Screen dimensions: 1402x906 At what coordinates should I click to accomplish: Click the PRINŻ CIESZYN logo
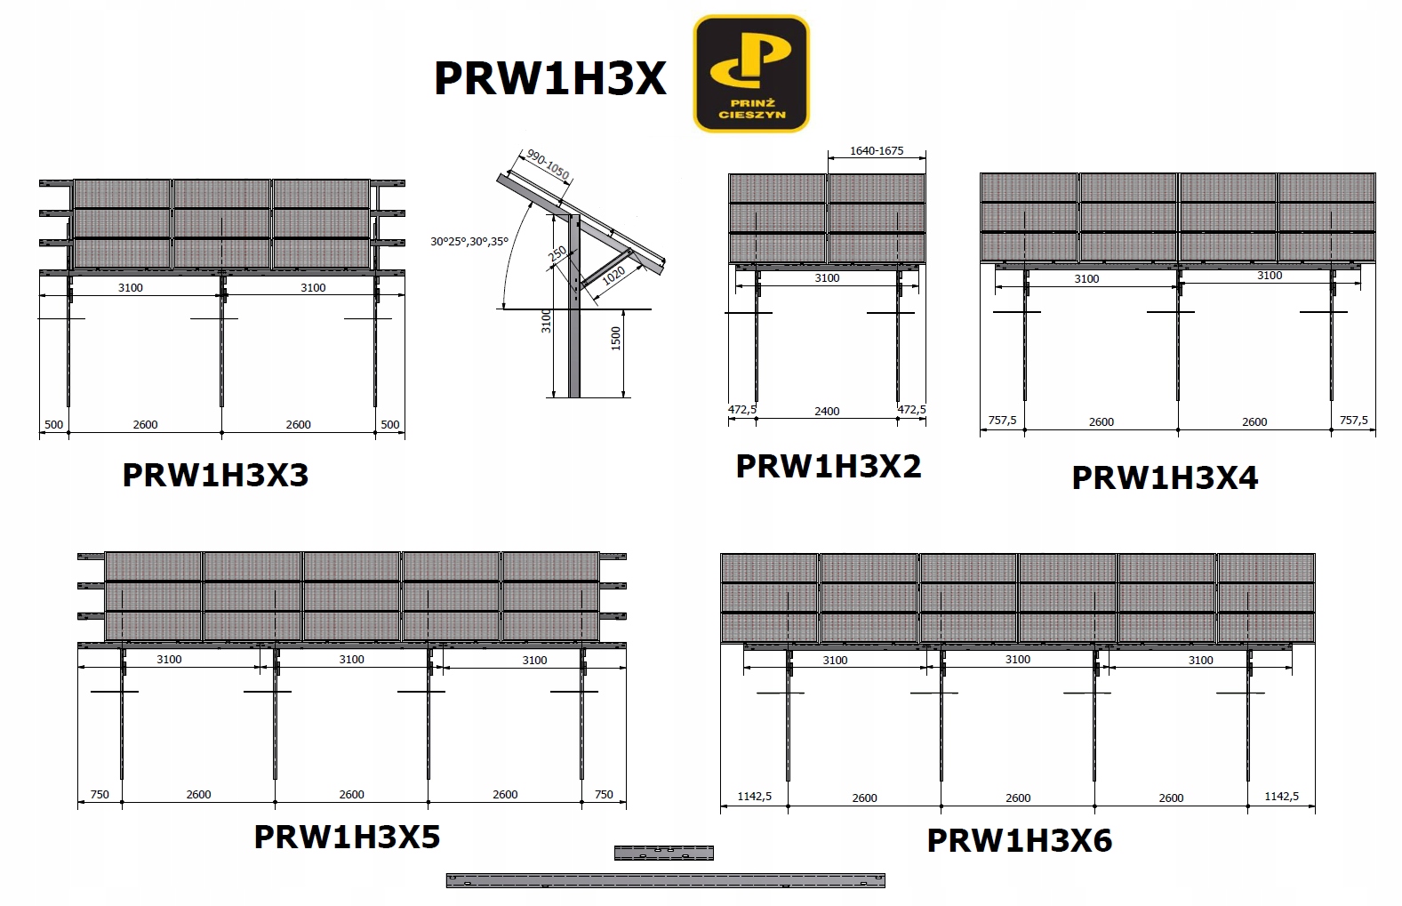751,73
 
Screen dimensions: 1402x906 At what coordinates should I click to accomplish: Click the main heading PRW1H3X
550,79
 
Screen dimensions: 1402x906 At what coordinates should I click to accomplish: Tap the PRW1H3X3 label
215,475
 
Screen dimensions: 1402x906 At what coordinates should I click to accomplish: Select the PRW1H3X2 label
828,466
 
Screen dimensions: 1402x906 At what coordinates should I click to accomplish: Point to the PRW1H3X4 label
1165,477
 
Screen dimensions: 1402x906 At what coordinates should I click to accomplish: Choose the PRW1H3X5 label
347,837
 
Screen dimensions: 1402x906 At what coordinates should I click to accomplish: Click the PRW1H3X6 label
1020,840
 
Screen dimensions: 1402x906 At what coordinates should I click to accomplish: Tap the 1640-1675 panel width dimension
877,150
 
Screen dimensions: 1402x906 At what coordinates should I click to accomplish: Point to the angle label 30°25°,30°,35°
469,241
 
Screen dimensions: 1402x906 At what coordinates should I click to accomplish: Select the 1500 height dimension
616,338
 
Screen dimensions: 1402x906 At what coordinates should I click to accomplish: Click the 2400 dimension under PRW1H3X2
827,412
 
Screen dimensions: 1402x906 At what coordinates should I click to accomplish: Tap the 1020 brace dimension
613,276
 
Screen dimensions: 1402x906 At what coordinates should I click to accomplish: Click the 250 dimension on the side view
557,254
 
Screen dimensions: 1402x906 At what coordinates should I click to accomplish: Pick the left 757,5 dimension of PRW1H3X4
1002,421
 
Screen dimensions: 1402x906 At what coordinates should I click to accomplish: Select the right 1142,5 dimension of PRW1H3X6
1282,797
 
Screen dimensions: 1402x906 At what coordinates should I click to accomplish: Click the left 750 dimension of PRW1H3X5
100,795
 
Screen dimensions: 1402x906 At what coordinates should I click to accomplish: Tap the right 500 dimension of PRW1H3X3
390,424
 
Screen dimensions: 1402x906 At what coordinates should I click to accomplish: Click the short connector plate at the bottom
664,853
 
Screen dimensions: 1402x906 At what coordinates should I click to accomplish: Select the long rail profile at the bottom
666,880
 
